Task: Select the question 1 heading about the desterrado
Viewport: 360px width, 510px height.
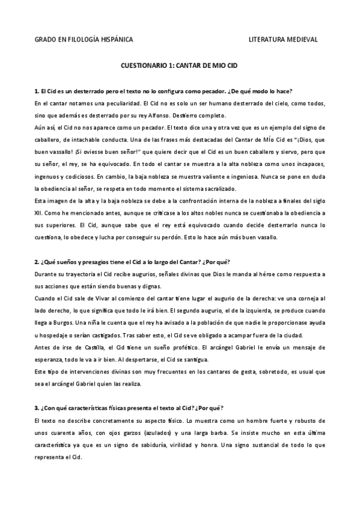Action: pyautogui.click(x=163, y=91)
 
